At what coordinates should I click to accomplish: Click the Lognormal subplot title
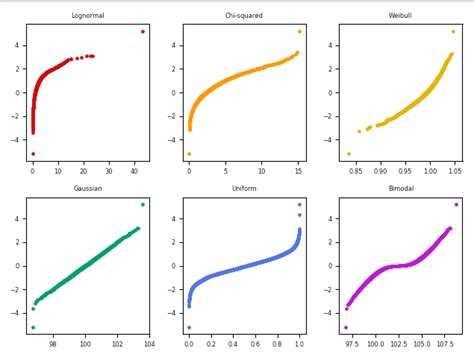[88, 16]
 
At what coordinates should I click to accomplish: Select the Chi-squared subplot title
[244, 16]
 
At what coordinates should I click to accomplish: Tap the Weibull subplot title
[400, 16]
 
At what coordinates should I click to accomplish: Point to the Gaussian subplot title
[88, 188]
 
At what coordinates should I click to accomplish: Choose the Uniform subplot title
[244, 188]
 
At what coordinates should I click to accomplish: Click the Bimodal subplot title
[400, 188]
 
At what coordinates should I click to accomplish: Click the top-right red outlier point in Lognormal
[143, 31]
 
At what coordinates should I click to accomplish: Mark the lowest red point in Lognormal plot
[32, 154]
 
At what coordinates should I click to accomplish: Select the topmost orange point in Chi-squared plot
[299, 31]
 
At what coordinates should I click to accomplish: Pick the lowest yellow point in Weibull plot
[348, 154]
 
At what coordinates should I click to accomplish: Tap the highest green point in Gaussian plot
[143, 204]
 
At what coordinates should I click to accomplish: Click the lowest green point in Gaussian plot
[32, 327]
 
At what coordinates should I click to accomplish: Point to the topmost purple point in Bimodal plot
[456, 204]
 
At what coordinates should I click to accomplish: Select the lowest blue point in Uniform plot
[189, 327]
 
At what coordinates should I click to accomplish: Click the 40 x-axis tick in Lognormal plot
[135, 171]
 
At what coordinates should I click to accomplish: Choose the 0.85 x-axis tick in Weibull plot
[356, 171]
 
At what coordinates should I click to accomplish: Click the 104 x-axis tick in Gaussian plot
[149, 343]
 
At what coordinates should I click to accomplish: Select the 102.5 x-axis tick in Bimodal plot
[401, 343]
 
